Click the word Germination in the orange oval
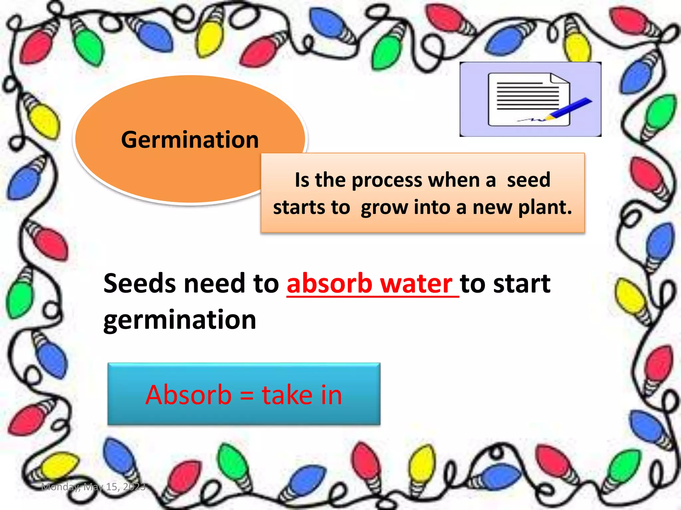(x=190, y=140)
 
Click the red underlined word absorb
(x=329, y=284)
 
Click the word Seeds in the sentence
(x=139, y=284)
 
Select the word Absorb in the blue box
(x=189, y=395)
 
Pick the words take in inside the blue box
(x=302, y=395)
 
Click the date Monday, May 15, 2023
(x=93, y=487)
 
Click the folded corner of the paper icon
(x=559, y=79)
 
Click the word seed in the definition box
(x=528, y=180)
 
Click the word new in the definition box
(x=492, y=208)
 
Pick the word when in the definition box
(x=454, y=180)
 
